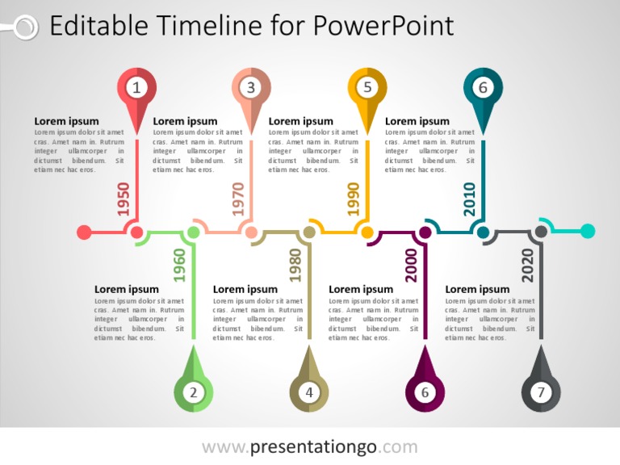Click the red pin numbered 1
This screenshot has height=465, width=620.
(x=136, y=88)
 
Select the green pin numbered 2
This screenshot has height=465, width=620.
(x=194, y=392)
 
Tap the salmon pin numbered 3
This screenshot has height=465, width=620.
(x=251, y=88)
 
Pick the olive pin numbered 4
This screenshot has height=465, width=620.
(x=309, y=392)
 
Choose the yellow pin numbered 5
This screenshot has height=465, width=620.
(x=367, y=88)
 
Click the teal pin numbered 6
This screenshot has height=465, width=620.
(x=483, y=88)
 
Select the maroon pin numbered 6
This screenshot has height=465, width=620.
(x=425, y=392)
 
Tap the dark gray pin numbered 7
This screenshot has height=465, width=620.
(x=541, y=392)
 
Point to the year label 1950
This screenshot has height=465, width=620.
(x=124, y=199)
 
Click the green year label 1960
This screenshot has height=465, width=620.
(x=180, y=265)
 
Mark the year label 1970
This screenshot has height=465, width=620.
(x=238, y=199)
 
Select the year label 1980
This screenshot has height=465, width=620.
(x=295, y=265)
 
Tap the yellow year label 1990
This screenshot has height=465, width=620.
(x=354, y=199)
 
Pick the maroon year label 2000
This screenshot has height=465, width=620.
(x=411, y=265)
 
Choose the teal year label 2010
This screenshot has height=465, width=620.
(x=469, y=199)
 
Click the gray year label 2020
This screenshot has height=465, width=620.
(x=527, y=265)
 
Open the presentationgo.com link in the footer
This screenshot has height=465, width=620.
(x=310, y=446)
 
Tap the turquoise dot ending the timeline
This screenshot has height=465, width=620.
(x=588, y=232)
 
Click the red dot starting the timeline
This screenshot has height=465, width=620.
(x=84, y=232)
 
